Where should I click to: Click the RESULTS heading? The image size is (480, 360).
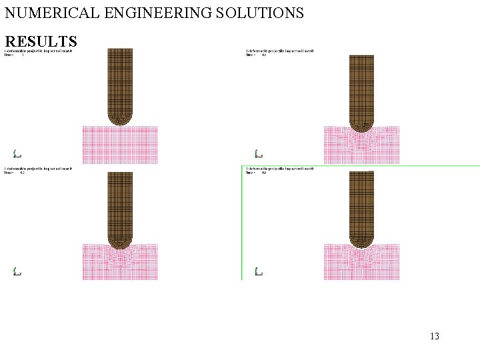tap(41, 41)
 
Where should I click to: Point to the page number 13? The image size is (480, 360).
tap(435, 336)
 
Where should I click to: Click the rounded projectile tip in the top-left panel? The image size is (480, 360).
tap(120, 118)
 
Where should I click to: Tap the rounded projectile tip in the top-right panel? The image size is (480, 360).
tap(361, 125)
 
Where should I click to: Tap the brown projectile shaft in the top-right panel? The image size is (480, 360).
tap(361, 87)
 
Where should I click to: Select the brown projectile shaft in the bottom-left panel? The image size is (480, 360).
tap(120, 200)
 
